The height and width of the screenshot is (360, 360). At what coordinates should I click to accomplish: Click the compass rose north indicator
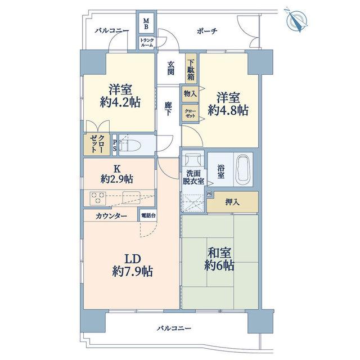[297, 21]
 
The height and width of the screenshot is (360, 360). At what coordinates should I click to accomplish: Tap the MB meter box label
[146, 24]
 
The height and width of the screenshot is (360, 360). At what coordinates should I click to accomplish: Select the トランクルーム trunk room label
[147, 43]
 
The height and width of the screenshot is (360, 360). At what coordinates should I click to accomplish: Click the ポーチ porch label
[207, 31]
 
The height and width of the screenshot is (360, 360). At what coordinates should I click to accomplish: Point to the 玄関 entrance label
[170, 68]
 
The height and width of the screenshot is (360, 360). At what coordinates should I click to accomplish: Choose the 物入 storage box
[190, 94]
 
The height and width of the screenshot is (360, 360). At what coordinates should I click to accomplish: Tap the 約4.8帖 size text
[228, 110]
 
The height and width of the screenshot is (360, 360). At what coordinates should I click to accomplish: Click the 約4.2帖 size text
[120, 102]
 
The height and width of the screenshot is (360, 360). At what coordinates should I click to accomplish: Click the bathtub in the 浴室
[244, 169]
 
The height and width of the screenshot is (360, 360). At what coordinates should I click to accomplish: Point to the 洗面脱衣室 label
[193, 177]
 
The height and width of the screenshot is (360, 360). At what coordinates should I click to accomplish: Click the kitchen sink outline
[132, 197]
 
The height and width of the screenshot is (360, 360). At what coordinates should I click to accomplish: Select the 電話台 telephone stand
[148, 215]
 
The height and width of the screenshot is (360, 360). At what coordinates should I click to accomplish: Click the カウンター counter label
[111, 216]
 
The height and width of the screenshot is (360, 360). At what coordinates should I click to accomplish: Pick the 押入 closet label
[232, 202]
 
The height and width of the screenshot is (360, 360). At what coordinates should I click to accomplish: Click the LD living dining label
[133, 259]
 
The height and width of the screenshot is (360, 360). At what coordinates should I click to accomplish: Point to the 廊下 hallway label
[168, 109]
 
